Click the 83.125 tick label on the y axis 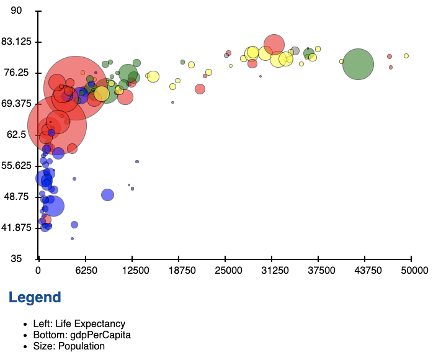(17, 42)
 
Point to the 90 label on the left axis (17, 11)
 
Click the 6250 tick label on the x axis (86, 271)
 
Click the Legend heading (35, 297)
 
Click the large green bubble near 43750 (358, 64)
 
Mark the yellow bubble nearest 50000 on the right (406, 56)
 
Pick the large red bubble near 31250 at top (274, 44)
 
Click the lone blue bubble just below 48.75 (107, 195)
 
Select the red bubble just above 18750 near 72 (200, 89)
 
